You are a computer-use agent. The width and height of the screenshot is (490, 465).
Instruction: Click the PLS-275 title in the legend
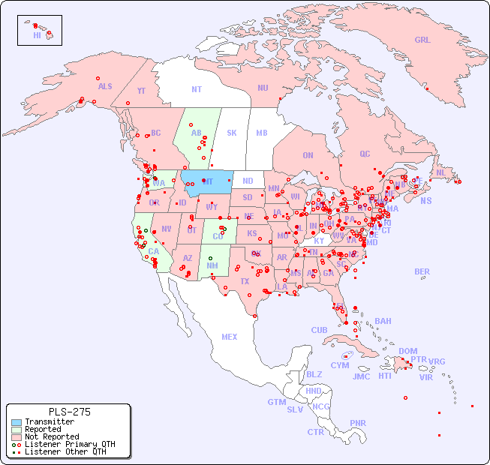pos(69,412)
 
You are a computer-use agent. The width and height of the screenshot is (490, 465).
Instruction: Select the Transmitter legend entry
pos(49,421)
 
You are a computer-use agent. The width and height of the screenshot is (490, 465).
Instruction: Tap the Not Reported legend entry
pos(51,436)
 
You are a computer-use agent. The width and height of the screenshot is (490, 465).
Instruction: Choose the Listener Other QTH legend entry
pos(65,451)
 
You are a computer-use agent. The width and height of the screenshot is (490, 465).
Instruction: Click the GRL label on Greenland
pos(422,40)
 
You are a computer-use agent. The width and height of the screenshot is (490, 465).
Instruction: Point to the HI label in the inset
pos(37,34)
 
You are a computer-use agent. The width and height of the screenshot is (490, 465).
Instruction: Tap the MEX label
pos(230,337)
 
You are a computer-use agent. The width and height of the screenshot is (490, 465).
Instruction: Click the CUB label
pos(319,330)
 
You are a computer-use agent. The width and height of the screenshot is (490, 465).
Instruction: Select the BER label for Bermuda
pos(422,271)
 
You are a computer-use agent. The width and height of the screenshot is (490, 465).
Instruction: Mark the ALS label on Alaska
pos(105,86)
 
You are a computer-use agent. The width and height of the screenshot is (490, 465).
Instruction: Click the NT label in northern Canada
pos(197,88)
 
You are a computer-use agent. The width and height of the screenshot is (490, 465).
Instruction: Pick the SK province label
pos(232,133)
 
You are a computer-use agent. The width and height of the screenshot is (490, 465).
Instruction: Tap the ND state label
pos(248,181)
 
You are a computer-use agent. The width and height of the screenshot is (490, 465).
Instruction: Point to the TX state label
pos(245,282)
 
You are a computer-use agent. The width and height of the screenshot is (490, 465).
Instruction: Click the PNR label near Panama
pos(358,423)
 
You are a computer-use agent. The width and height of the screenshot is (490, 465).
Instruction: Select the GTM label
pos(277,402)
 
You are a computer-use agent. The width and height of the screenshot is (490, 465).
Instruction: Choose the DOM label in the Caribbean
pos(407,351)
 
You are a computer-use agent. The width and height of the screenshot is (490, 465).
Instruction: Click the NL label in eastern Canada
pos(441,172)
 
